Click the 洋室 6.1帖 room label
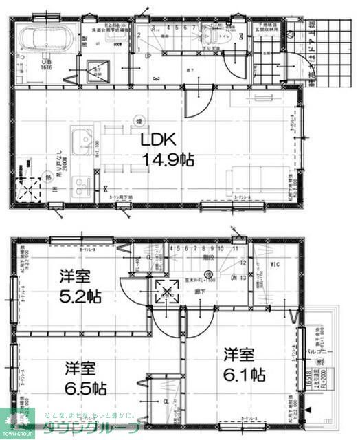tap(243, 366)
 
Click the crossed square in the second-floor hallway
tap(167, 292)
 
